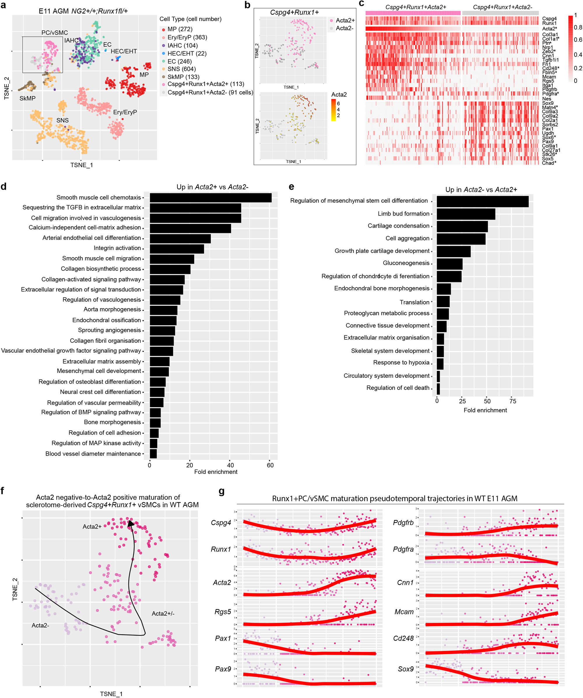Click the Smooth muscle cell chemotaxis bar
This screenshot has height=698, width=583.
click(x=210, y=198)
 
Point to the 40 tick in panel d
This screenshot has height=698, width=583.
click(x=230, y=465)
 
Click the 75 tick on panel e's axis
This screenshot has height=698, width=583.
click(x=513, y=401)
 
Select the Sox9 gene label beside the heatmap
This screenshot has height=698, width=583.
click(x=547, y=103)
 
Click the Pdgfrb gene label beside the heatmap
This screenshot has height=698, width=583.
click(x=549, y=89)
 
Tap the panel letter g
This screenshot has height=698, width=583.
click(x=222, y=491)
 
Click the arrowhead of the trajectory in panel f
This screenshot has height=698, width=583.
click(x=131, y=524)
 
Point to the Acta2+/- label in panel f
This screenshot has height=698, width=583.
click(x=163, y=614)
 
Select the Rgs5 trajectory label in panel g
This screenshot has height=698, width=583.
click(x=222, y=612)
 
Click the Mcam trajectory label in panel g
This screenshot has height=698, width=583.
click(x=404, y=612)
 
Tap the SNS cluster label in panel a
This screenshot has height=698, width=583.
click(x=62, y=120)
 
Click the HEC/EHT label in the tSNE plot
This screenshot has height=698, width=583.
click(x=124, y=51)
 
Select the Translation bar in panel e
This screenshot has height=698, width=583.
click(x=443, y=302)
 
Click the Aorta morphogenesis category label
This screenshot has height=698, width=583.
click(x=112, y=309)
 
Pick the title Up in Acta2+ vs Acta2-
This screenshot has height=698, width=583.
click(x=213, y=187)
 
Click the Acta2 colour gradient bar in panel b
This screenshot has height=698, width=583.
click(x=333, y=110)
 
